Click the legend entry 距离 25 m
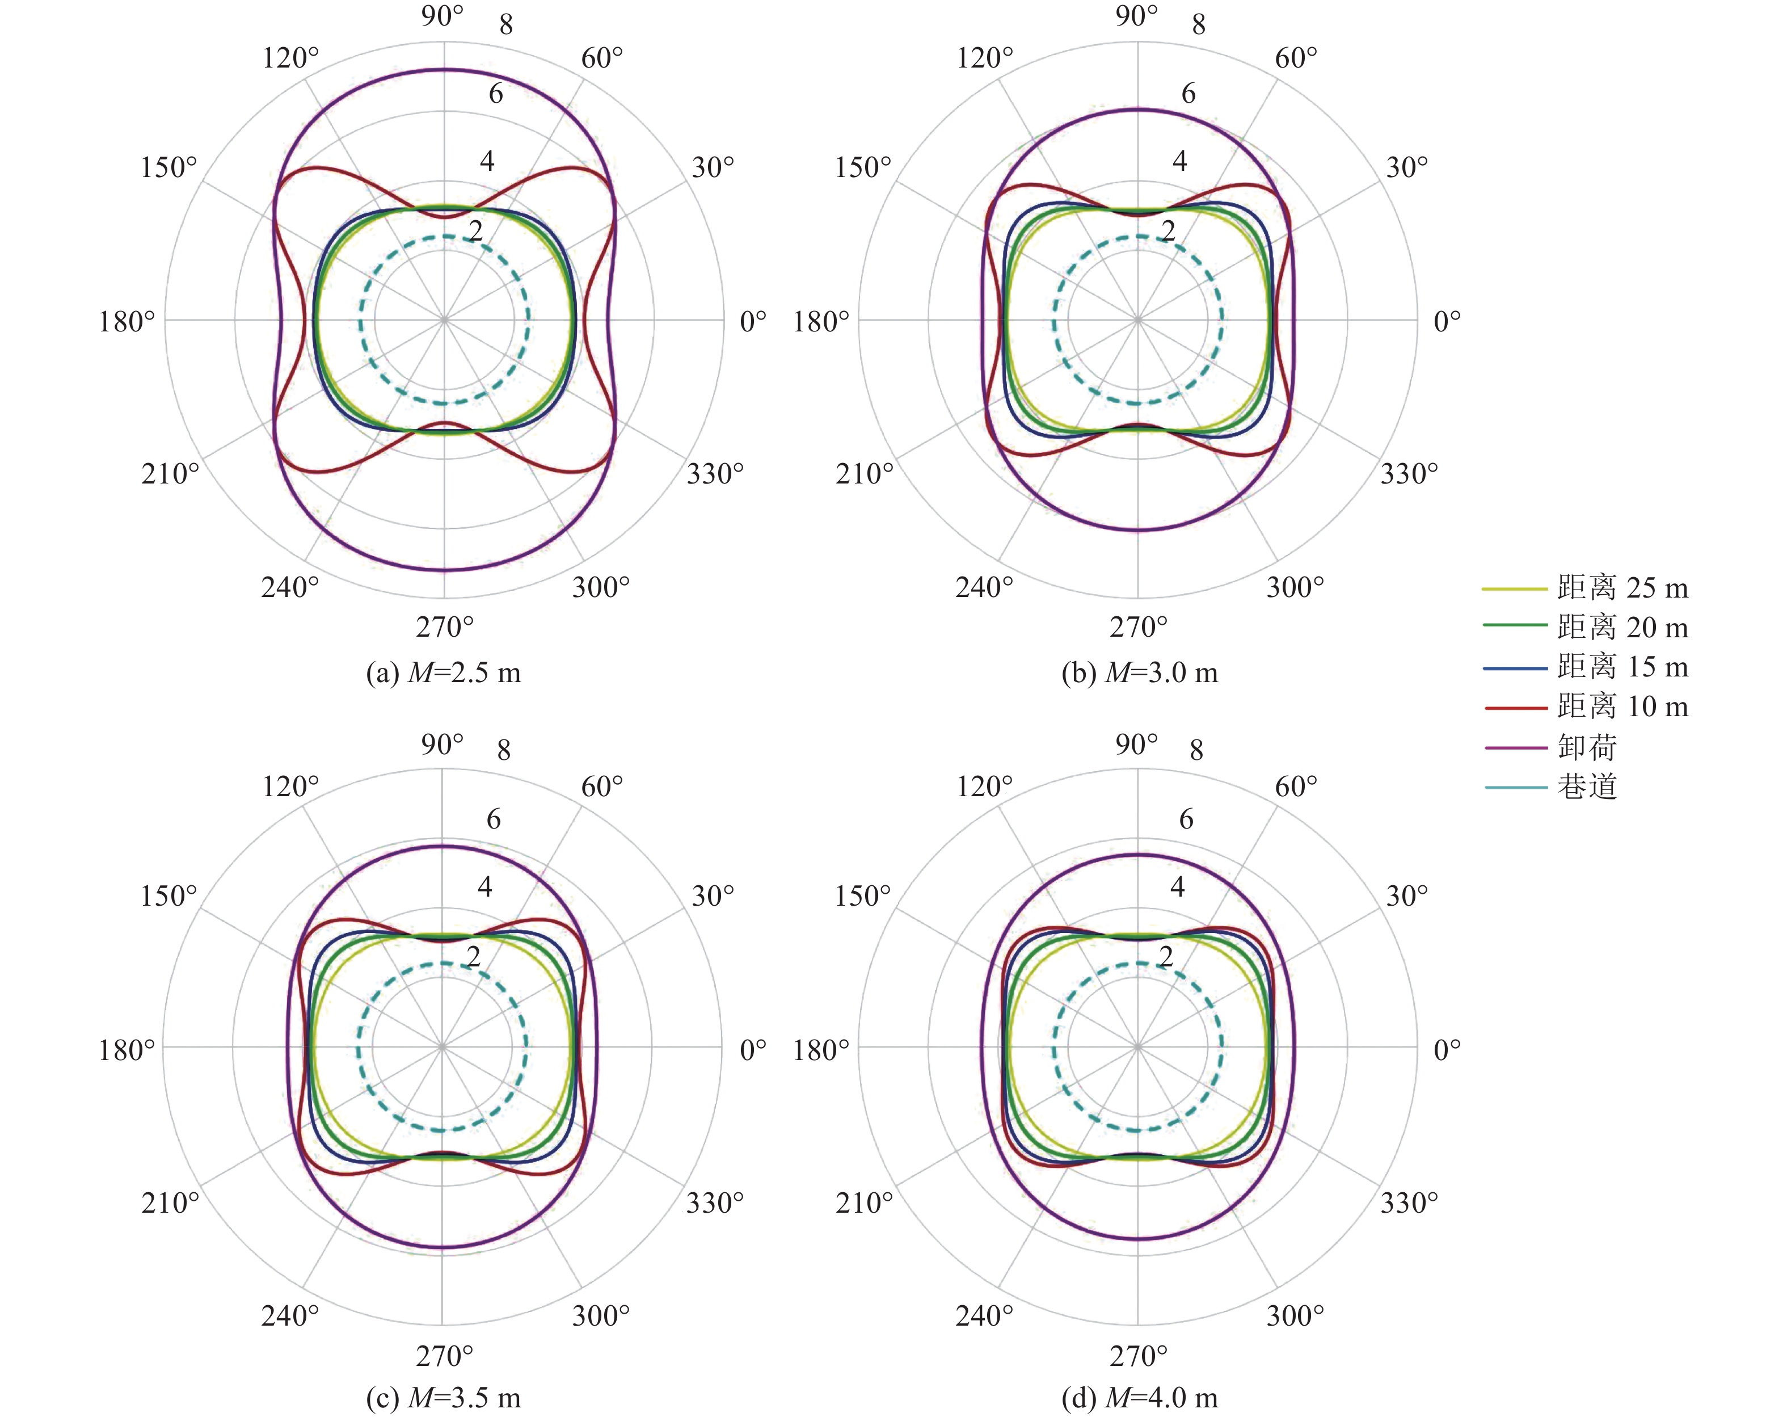click(1586, 588)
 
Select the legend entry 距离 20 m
click(1586, 627)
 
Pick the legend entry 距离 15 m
click(1586, 667)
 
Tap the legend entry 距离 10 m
click(1586, 707)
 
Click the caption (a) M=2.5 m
click(444, 672)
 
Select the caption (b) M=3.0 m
click(1140, 672)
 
